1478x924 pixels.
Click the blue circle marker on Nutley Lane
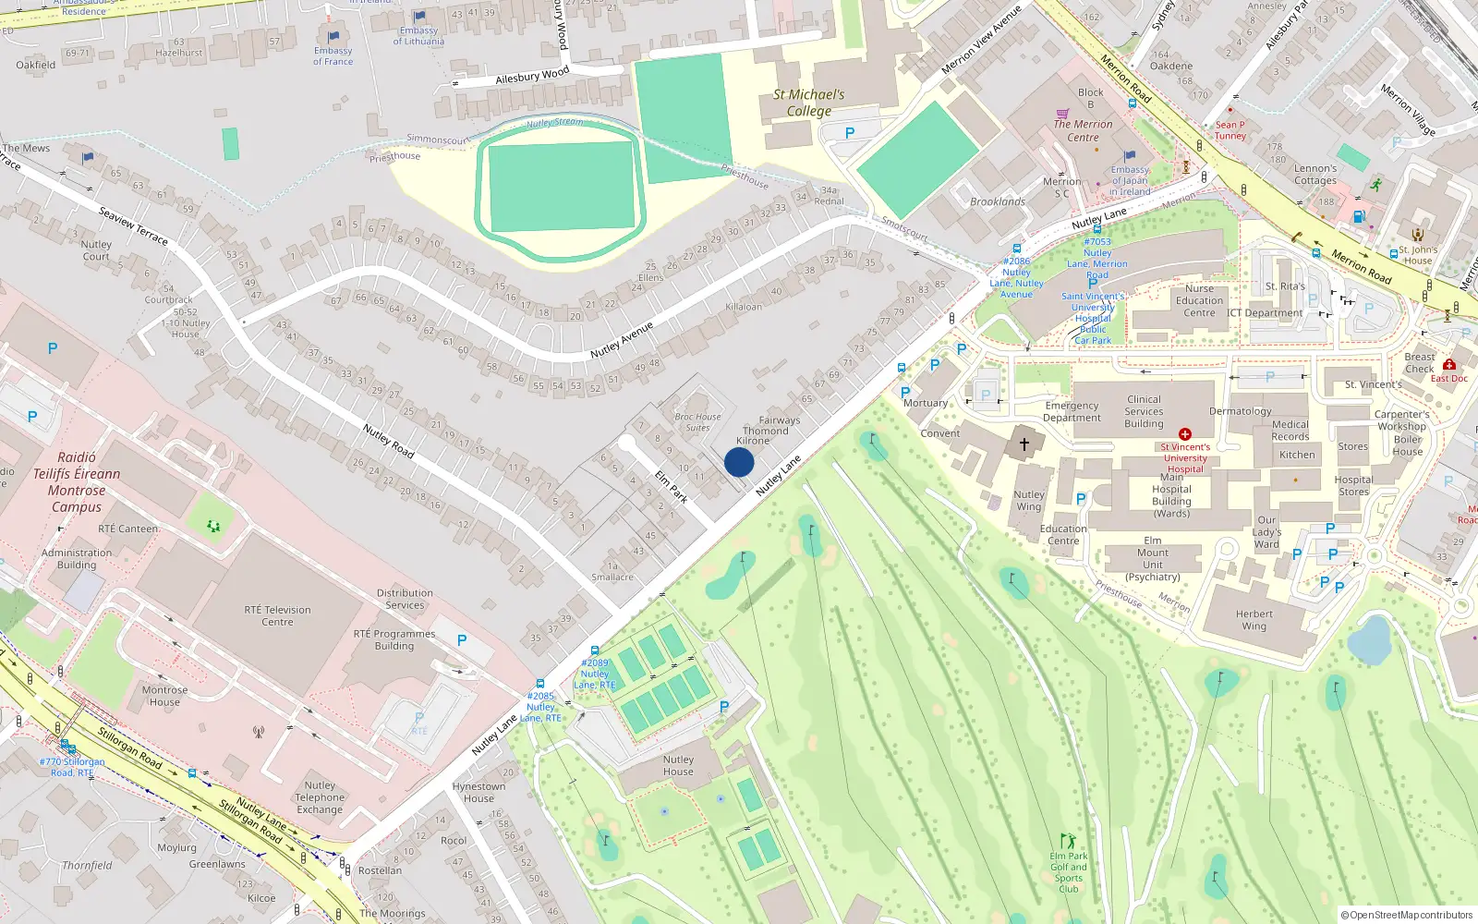739,462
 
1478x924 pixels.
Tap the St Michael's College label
808,103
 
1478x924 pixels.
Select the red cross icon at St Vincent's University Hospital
1185,433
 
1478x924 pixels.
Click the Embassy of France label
333,56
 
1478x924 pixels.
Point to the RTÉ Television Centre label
277,616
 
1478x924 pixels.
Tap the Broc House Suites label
697,422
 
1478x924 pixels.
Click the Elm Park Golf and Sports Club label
1069,872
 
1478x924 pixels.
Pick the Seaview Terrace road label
133,226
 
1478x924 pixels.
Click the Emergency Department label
1072,411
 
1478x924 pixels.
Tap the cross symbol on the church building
1024,444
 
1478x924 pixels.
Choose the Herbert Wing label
1254,620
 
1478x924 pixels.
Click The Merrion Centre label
1083,130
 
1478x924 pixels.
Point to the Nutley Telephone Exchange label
320,797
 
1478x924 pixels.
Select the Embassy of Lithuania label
418,36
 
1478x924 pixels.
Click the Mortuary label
925,403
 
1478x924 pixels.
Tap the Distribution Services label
405,599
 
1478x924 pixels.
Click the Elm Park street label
672,486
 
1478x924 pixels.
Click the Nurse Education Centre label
1199,300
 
